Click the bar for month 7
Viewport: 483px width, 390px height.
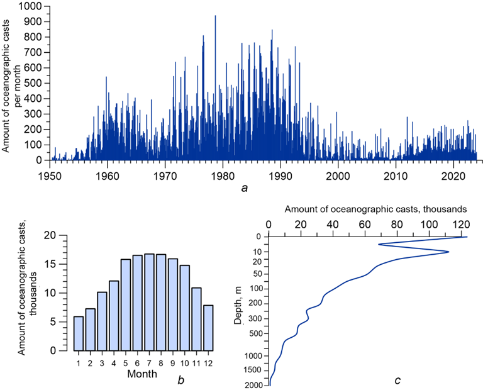pyautogui.click(x=150, y=302)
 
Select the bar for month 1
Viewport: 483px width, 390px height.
pyautogui.click(x=79, y=333)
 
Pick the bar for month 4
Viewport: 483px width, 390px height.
pyautogui.click(x=114, y=315)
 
